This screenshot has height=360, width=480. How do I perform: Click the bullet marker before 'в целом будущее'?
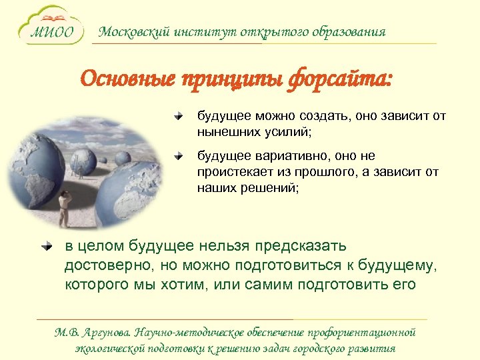(46, 247)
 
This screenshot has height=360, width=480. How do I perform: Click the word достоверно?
(108, 265)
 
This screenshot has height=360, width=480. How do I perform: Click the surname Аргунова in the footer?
(107, 332)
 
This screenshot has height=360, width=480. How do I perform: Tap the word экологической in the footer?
(110, 348)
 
